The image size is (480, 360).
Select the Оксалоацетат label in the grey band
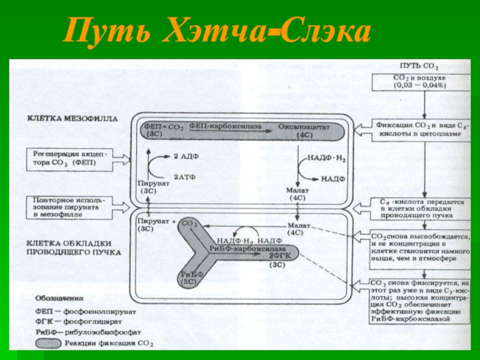click(300, 128)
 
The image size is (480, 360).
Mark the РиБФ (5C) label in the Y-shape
click(189, 277)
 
